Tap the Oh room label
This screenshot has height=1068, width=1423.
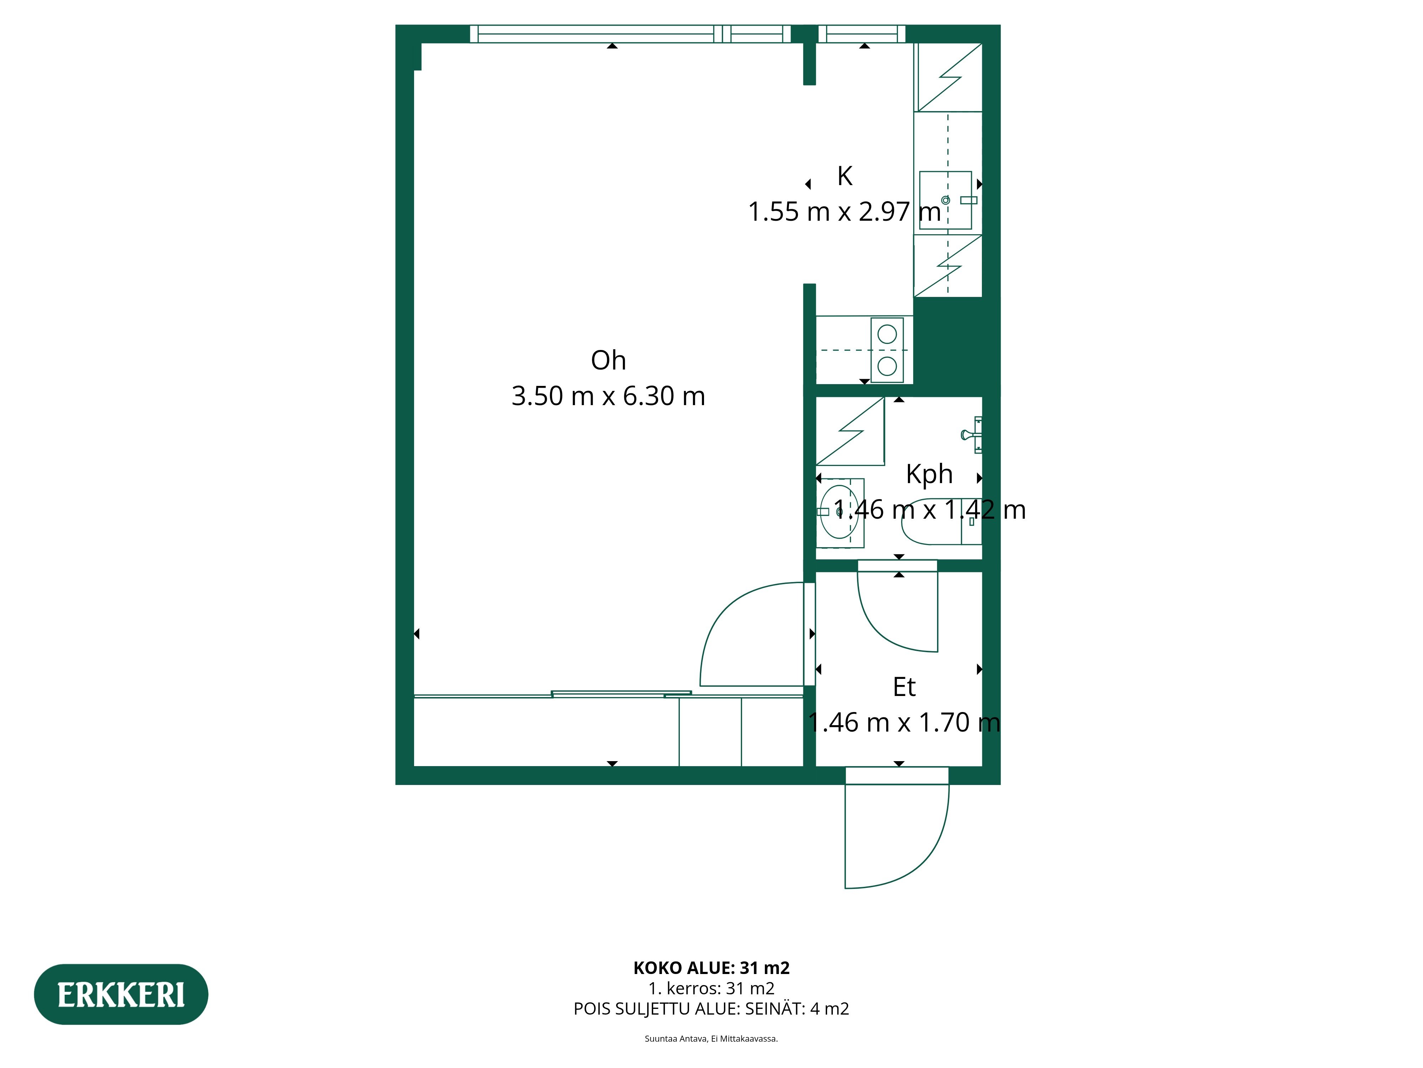tap(608, 361)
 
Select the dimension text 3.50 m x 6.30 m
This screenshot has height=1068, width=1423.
tap(608, 396)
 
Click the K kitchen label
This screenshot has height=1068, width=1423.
tap(844, 176)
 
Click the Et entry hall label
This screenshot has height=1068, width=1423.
tap(904, 687)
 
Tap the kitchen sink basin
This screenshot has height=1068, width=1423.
tap(945, 200)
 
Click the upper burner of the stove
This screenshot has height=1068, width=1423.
tap(887, 334)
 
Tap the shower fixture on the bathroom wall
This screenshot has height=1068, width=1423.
tap(972, 435)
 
